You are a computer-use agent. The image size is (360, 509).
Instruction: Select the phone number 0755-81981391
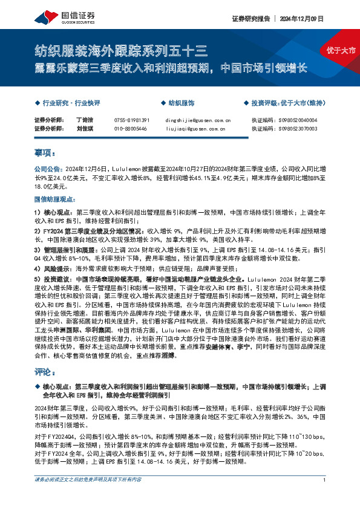(131, 120)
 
